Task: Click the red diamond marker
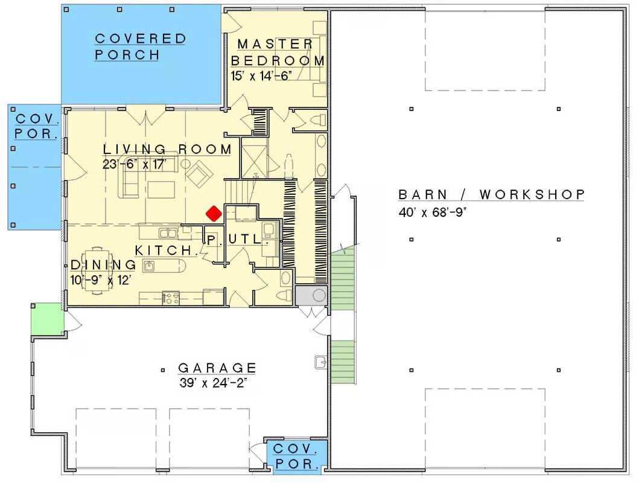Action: (x=214, y=213)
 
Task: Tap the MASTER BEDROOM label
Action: (x=278, y=52)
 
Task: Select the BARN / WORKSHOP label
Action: (x=492, y=194)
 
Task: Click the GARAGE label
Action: (x=217, y=368)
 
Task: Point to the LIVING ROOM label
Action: (x=167, y=149)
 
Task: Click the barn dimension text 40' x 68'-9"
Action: (x=433, y=213)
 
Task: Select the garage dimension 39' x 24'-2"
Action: (x=213, y=383)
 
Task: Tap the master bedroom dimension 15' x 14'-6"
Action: (x=261, y=76)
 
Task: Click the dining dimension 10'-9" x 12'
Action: (x=100, y=280)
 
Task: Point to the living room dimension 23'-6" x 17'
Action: (x=135, y=164)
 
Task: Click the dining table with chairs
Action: (x=97, y=270)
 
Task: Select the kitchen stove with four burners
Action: (x=171, y=298)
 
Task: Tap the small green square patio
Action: (x=47, y=319)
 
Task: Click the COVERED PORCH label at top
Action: (x=140, y=46)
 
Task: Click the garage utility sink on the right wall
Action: (x=321, y=362)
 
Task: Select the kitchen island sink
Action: (x=149, y=266)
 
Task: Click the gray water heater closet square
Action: (x=311, y=295)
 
